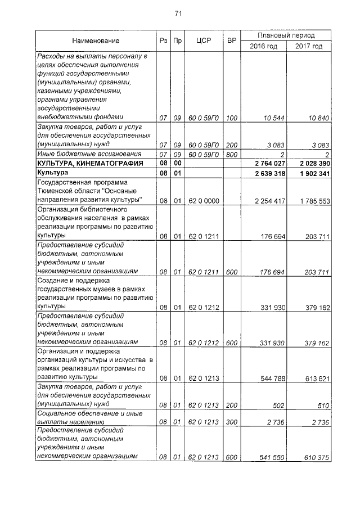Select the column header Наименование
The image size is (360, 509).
(x=95, y=41)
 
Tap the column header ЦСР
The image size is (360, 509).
(x=203, y=41)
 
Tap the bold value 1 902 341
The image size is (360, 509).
(x=313, y=173)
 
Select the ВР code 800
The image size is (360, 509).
(x=231, y=154)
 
